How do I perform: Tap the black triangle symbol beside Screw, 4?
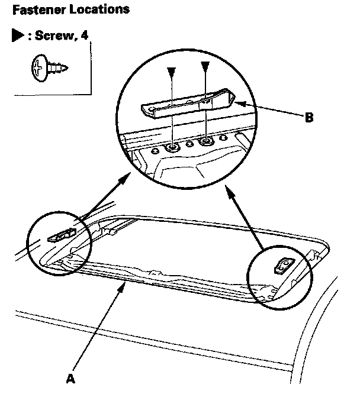16,35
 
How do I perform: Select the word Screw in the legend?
50,35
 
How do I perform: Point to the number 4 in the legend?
85,35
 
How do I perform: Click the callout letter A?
70,377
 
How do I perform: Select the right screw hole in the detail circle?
205,141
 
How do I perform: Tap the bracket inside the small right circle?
282,266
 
